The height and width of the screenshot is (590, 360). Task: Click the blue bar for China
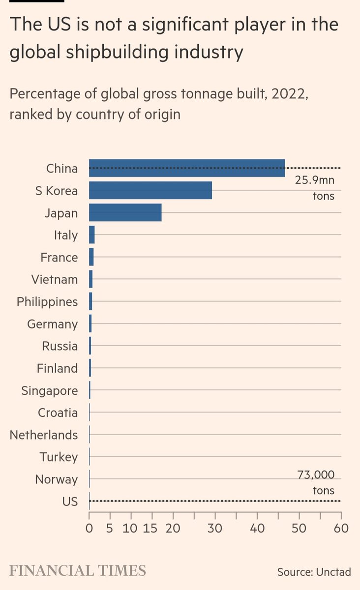187,168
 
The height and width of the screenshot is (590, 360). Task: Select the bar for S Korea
150,190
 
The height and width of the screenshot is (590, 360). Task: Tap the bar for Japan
125,213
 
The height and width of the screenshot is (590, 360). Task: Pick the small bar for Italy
91,235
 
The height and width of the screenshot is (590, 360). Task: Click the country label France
59,257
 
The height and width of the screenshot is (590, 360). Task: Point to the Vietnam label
54,279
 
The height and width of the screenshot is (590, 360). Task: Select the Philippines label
47,301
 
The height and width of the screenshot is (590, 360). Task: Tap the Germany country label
52,324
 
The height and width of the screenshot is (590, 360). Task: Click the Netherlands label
44,435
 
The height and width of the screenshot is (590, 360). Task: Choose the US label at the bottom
70,501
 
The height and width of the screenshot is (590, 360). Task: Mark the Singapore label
49,390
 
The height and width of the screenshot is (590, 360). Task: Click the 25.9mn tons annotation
315,188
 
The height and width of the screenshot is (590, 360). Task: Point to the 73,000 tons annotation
316,482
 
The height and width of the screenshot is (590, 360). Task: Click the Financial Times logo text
78,571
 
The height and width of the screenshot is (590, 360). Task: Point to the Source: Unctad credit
314,572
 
